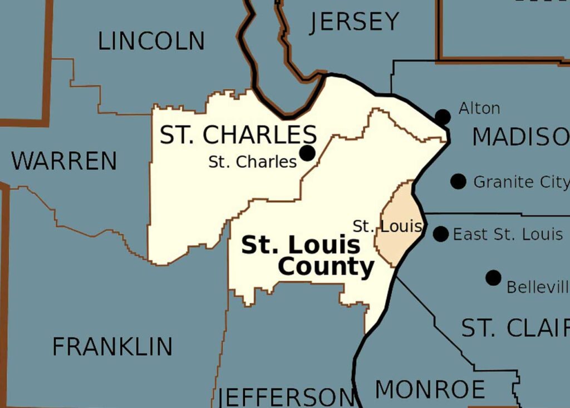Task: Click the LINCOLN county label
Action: tap(151, 41)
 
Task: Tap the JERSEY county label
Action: tap(355, 22)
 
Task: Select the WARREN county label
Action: tap(64, 161)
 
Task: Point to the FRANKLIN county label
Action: tap(112, 347)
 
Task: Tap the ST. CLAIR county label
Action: tap(515, 329)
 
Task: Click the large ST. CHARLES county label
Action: tap(238, 135)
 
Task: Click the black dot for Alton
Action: tap(443, 117)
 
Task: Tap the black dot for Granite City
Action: tap(458, 181)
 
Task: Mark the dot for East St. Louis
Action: tap(441, 234)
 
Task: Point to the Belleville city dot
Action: tap(493, 278)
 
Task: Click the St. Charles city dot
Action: tap(307, 153)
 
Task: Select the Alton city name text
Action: tap(479, 108)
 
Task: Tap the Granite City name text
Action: tap(521, 182)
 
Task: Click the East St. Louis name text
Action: tap(508, 235)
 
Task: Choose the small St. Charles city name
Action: tap(253, 162)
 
